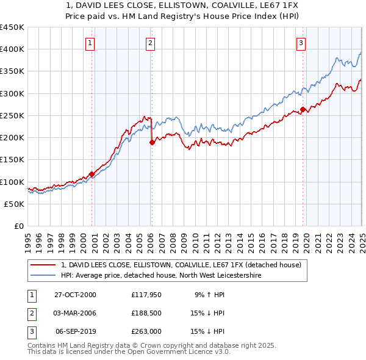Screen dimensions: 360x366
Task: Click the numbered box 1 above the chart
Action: [x=90, y=43]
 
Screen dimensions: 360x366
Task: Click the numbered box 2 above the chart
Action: [x=149, y=43]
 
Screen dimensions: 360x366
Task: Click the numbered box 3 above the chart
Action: [x=301, y=43]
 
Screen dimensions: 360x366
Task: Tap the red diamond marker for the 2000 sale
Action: [x=92, y=174]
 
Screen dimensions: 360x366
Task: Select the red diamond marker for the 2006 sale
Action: [x=152, y=142]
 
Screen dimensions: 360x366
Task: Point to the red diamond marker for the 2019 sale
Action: [x=303, y=110]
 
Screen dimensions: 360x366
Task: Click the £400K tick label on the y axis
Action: [x=12, y=49]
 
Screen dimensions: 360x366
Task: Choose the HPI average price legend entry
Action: [x=160, y=276]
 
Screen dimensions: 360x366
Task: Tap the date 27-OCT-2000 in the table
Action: [x=75, y=295]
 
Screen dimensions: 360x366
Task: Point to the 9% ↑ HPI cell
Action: [x=210, y=295]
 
